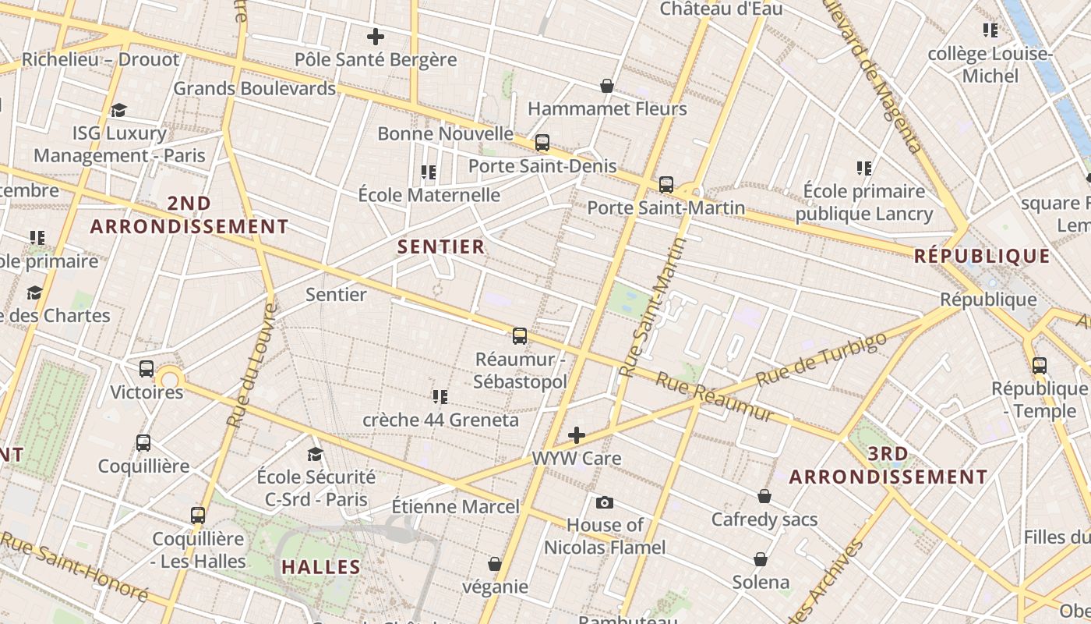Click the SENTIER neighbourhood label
[441, 247]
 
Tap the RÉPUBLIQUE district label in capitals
[982, 256]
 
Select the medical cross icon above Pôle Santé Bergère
[376, 37]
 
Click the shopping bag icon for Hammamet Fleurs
[607, 86]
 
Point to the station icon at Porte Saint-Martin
[666, 185]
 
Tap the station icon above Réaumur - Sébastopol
[520, 336]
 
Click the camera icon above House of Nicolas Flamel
[605, 502]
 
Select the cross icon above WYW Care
[577, 434]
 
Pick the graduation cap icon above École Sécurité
[316, 454]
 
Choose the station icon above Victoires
[147, 369]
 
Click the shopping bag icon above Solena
[761, 559]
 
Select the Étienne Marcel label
[455, 507]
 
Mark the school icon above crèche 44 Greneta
[440, 397]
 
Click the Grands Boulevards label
[254, 88]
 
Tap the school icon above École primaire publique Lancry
[863, 168]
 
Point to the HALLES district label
[321, 567]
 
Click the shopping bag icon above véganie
[495, 563]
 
